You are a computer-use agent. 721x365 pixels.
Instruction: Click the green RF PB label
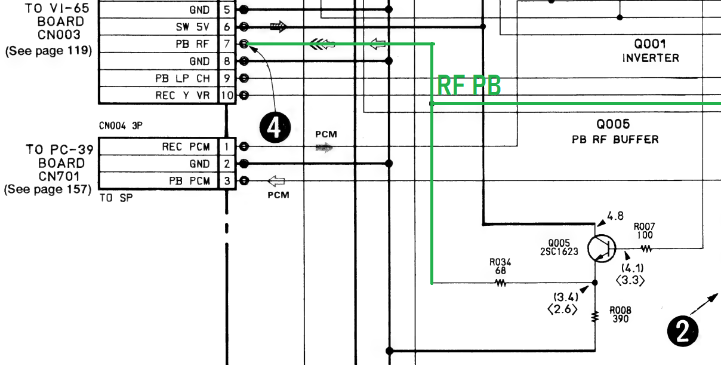pos(469,86)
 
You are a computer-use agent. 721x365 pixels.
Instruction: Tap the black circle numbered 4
pos(274,128)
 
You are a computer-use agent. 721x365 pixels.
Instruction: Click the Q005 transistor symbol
pos(601,247)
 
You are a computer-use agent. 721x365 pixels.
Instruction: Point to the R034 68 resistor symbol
pos(500,283)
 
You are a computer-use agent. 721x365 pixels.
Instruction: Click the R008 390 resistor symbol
pos(594,316)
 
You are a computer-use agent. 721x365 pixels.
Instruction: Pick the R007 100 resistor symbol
pos(645,247)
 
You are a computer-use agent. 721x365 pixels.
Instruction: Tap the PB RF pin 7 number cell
pos(226,44)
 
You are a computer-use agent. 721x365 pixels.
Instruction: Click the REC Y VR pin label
pos(183,96)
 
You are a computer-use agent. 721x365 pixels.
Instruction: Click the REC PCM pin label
pos(186,147)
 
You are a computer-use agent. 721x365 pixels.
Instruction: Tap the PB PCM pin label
pos(189,181)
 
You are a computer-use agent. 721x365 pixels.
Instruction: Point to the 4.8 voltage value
pos(615,216)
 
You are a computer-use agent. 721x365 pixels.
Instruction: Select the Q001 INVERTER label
pos(651,51)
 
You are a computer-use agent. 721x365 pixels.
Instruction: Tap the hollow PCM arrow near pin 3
pos(276,181)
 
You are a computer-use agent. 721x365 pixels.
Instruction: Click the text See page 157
pos(48,189)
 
